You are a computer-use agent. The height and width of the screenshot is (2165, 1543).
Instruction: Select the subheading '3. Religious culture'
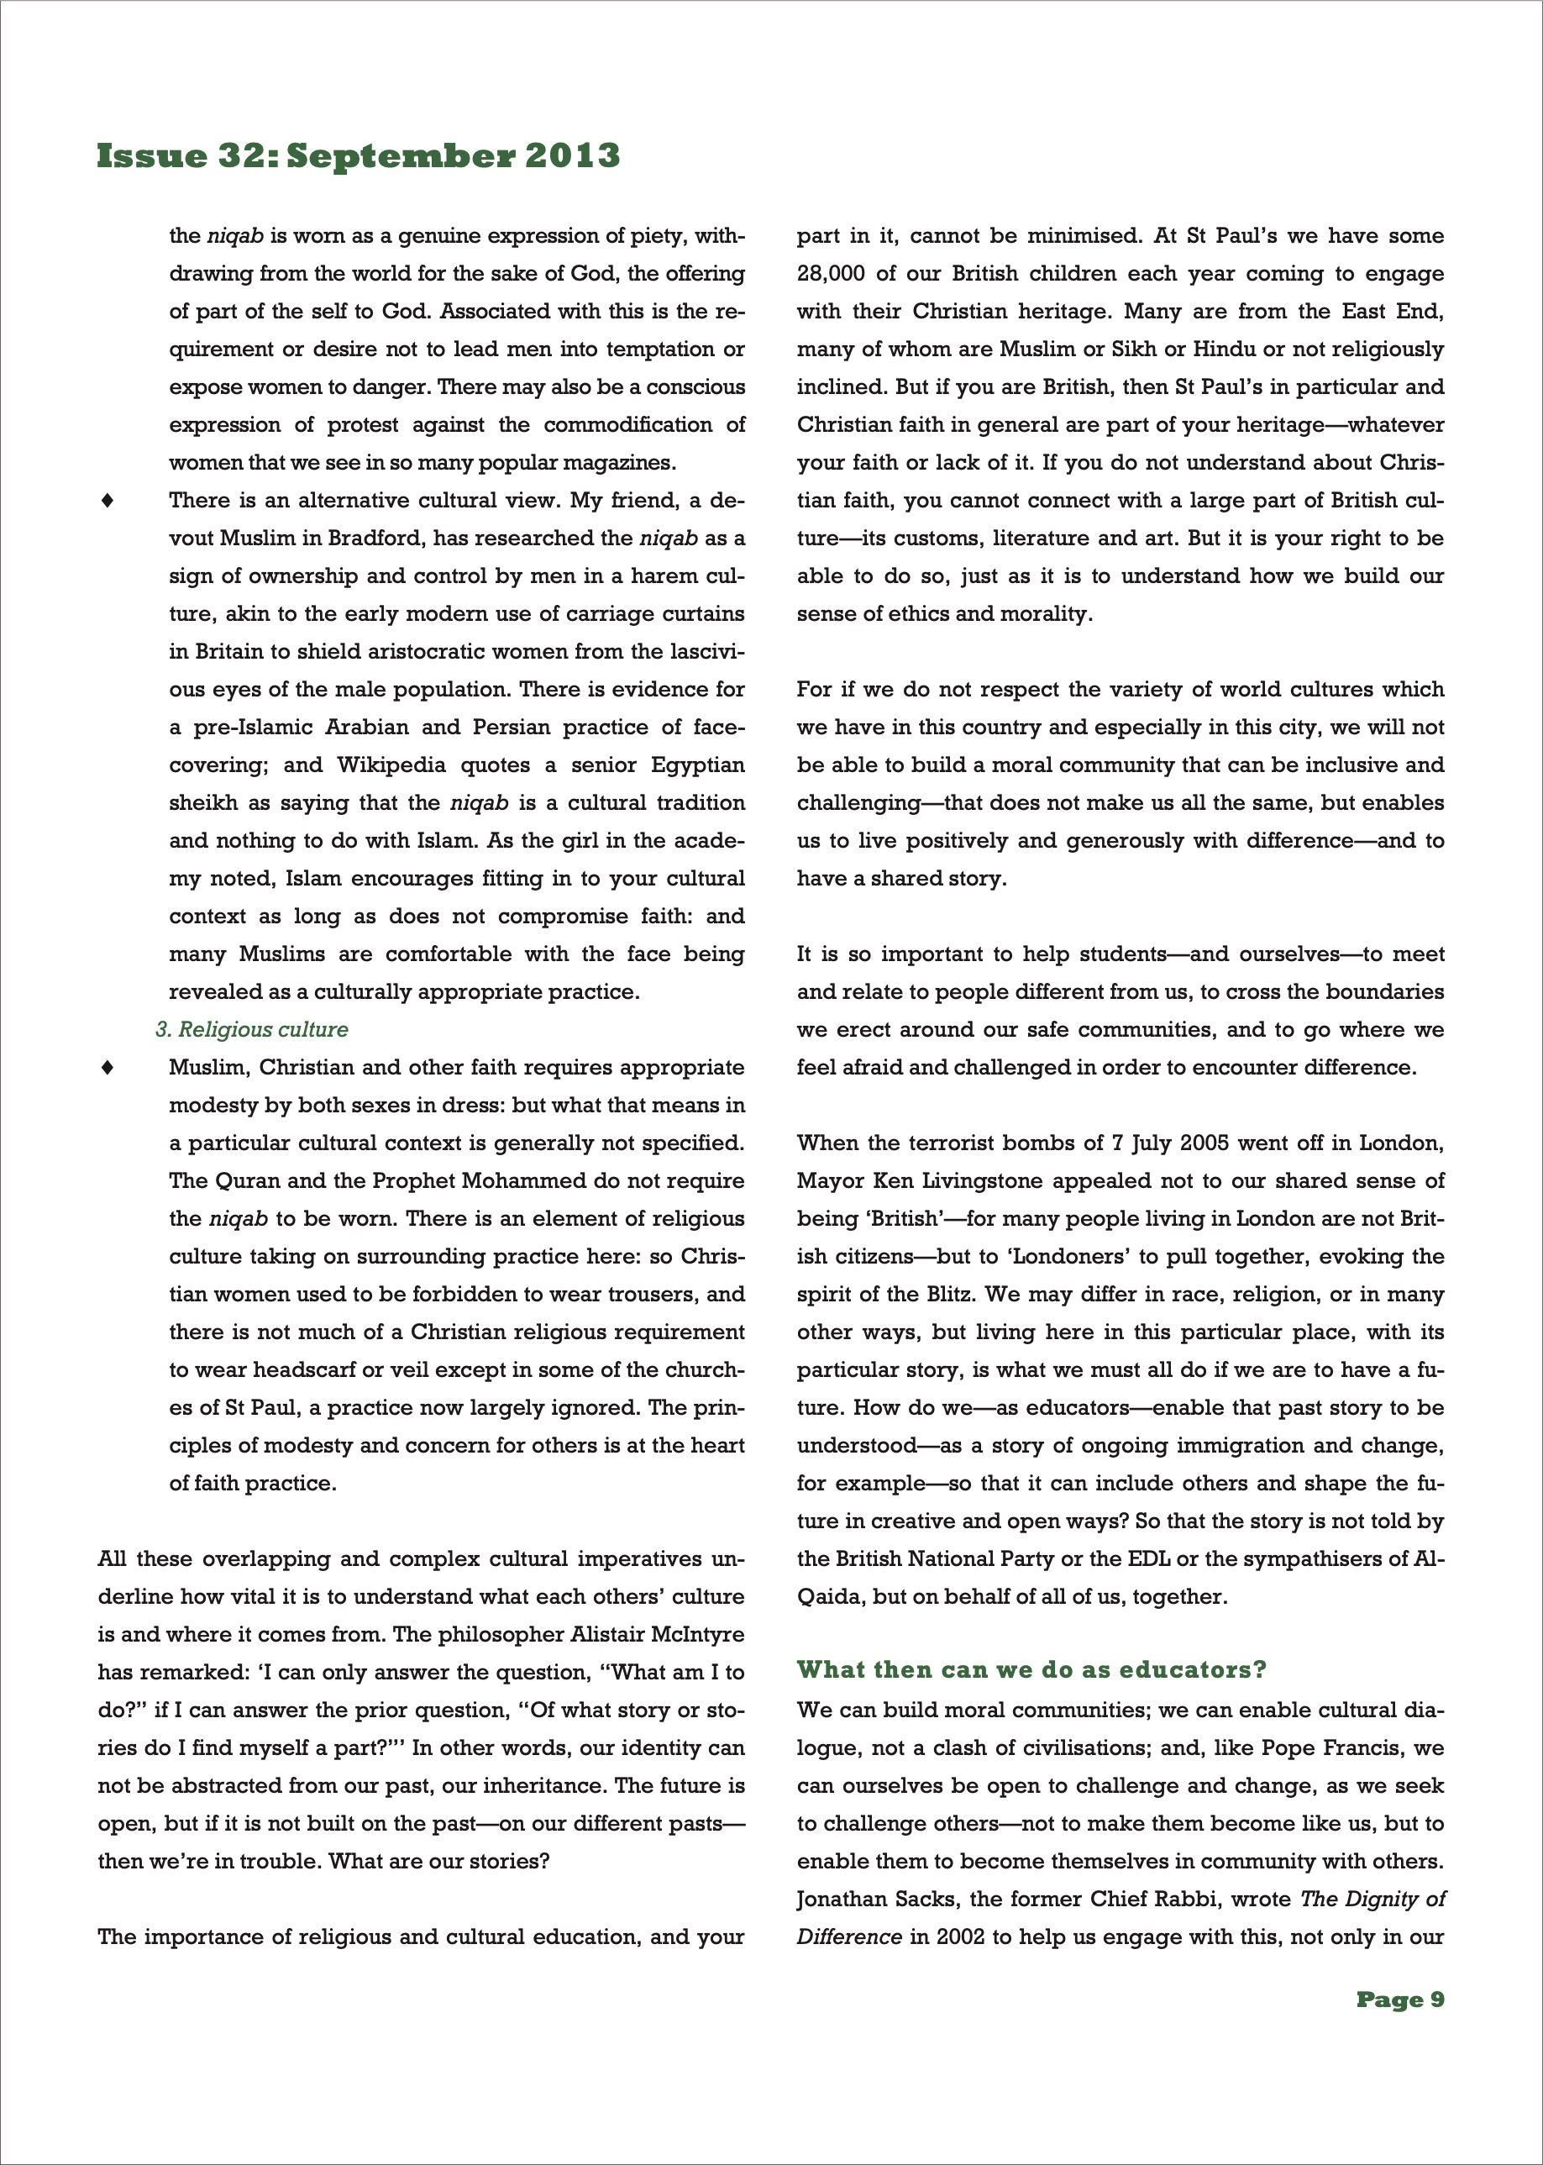(x=252, y=1029)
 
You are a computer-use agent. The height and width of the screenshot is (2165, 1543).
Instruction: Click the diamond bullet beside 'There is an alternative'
(x=108, y=501)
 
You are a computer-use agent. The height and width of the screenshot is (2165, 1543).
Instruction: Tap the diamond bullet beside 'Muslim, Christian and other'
(x=108, y=1067)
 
